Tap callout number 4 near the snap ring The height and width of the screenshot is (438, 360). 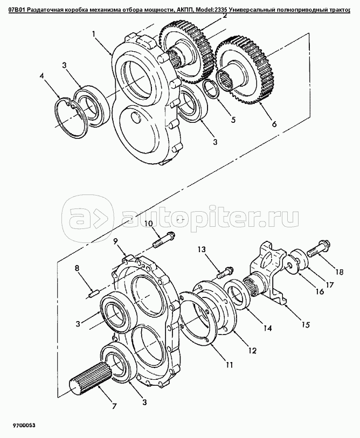point(42,77)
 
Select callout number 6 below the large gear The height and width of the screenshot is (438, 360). point(274,123)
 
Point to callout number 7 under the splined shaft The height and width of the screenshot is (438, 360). point(114,406)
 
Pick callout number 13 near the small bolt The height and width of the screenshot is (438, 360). point(202,249)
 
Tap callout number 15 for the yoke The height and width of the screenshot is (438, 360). point(306,324)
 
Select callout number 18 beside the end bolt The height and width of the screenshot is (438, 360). point(339,272)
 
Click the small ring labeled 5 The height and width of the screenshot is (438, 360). point(212,89)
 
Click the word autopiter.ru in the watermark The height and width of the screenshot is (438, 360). point(210,216)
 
